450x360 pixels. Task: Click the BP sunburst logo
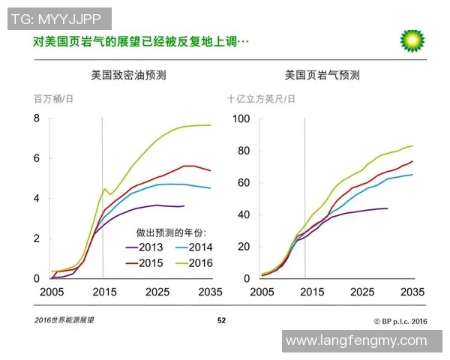point(412,41)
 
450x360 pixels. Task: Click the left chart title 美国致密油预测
point(127,76)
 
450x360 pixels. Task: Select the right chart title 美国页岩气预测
point(322,76)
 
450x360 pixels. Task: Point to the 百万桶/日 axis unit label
point(53,99)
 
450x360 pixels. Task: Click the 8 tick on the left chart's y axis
point(36,118)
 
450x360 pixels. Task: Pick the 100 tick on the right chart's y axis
point(241,118)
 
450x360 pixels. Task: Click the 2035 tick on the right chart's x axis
point(412,292)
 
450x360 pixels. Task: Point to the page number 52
point(221,320)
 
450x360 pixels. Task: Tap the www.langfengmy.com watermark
point(361,341)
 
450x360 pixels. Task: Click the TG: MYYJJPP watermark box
point(59,19)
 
